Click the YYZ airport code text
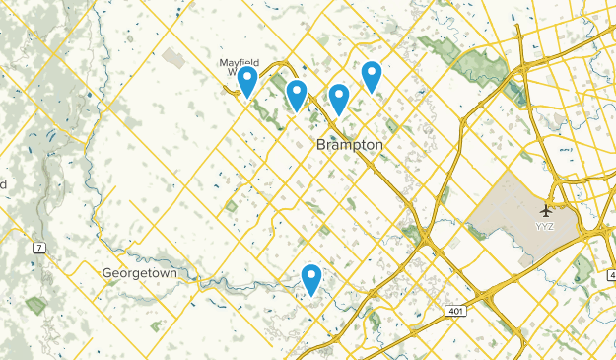click(545, 226)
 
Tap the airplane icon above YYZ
click(546, 209)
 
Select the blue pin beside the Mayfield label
click(248, 80)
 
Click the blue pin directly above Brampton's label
click(339, 98)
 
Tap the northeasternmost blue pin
click(372, 74)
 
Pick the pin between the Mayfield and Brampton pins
click(296, 94)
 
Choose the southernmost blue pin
click(312, 279)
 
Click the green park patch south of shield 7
click(35, 305)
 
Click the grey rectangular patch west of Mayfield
click(173, 58)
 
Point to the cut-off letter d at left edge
click(4, 184)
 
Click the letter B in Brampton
click(321, 145)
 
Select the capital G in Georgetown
click(106, 271)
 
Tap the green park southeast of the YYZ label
click(583, 266)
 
